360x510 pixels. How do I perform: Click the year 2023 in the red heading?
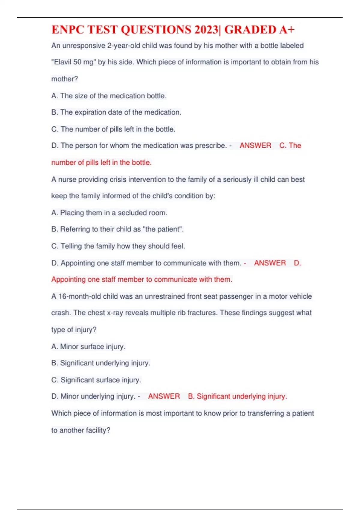[206, 30]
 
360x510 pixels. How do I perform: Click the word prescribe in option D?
[210, 145]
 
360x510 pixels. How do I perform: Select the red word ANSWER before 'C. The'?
[255, 145]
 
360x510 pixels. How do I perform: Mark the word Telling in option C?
[71, 246]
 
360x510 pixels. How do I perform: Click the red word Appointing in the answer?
[68, 279]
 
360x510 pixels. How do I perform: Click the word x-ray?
[115, 313]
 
